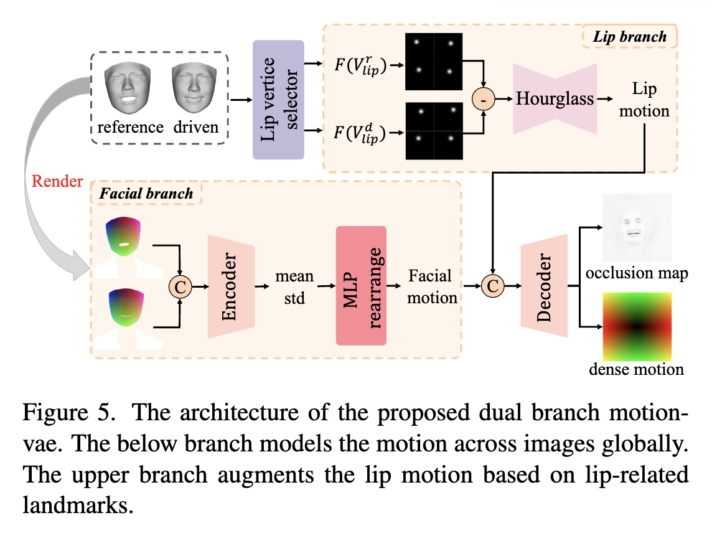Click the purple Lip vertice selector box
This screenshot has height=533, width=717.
coord(278,100)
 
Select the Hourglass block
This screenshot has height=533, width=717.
coord(555,99)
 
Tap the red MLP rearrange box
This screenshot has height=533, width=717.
coord(361,285)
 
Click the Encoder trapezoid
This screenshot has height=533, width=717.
coord(231,287)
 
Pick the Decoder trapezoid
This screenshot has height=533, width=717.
coord(544,286)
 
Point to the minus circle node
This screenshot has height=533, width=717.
coord(484,99)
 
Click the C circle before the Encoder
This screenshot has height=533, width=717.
coord(180,287)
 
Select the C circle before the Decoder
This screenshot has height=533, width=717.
coord(492,286)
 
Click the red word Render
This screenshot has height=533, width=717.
coord(57,181)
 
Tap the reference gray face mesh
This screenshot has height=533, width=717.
coord(128,88)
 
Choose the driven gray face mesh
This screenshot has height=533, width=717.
coord(194,88)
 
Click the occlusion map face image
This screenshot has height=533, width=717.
coord(637,227)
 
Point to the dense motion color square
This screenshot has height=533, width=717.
coord(637,327)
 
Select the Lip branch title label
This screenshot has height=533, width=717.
coord(630,37)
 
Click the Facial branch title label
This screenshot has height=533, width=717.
coord(146,194)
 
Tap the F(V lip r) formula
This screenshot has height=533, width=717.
coord(360,65)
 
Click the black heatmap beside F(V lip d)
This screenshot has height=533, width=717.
coord(434,131)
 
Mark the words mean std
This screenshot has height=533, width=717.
coord(294,287)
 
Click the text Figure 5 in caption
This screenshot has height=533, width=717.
coord(68,413)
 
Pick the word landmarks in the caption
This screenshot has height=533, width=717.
coord(78,505)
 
